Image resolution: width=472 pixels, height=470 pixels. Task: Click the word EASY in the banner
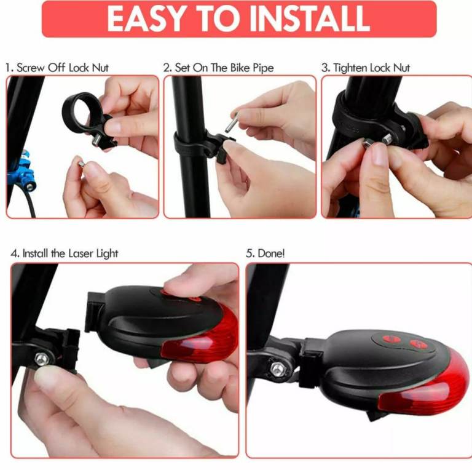coord(146,18)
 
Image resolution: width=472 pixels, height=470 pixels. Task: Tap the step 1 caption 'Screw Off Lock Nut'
coord(63,68)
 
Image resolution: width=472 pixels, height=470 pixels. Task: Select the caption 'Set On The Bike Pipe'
coord(224,68)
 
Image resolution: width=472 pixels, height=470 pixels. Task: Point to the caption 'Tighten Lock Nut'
coord(372,68)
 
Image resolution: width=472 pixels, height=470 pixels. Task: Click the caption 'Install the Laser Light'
coord(70,253)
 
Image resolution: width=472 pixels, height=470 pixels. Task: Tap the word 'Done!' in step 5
coord(271,253)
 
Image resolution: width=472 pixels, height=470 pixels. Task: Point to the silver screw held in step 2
coord(232,122)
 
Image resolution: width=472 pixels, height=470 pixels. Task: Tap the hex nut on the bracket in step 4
coord(42,359)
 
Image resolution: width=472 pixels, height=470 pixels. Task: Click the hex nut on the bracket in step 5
coord(278,369)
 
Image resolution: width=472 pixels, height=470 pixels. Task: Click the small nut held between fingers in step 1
coord(81,164)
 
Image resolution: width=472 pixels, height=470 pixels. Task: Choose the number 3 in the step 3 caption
coord(324,68)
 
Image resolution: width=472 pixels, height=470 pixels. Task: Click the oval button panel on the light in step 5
coord(400,343)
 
